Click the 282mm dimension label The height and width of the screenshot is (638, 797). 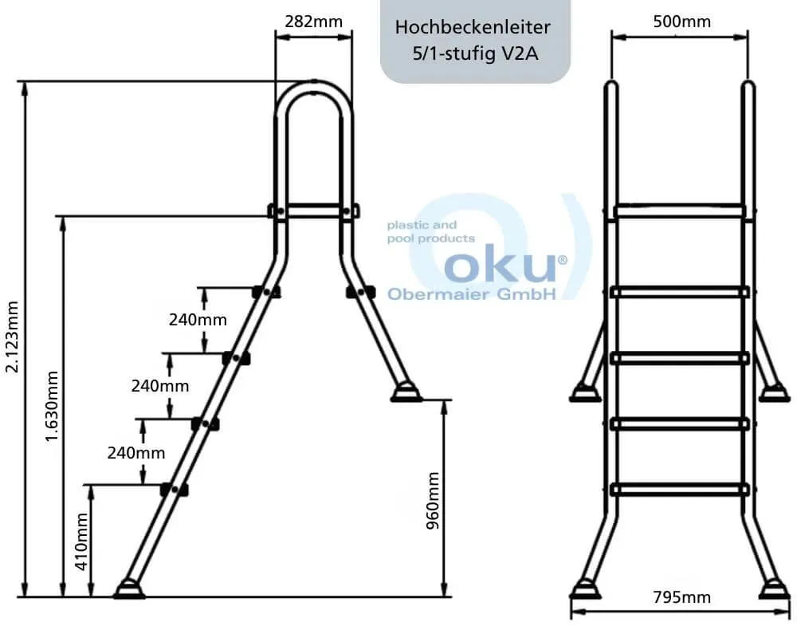tap(313, 22)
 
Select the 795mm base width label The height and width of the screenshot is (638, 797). tap(681, 597)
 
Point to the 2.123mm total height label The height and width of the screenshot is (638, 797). tap(12, 337)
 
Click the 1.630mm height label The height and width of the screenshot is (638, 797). tap(52, 406)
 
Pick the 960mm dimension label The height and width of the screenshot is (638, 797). tap(433, 501)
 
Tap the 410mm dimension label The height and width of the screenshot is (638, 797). tap(82, 542)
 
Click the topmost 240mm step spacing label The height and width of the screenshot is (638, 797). tap(198, 320)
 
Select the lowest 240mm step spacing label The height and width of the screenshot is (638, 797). tap(136, 452)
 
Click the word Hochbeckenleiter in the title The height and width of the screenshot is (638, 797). tap(473, 27)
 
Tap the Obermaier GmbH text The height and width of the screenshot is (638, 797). tap(472, 294)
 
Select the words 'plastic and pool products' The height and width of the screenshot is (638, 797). tap(431, 231)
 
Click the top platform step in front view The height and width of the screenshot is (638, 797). tap(680, 211)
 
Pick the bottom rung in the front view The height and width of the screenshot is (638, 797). tap(680, 490)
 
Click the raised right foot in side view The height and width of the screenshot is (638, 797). tap(406, 393)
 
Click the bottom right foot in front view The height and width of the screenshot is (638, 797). tap(775, 589)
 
